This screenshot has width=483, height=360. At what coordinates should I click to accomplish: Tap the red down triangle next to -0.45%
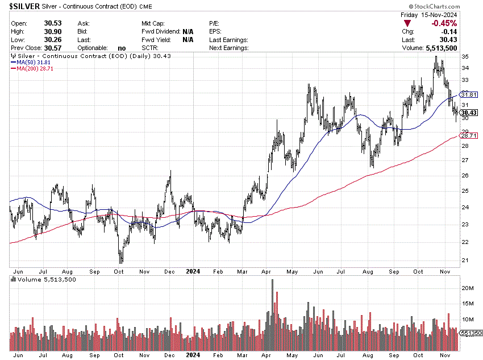[407, 23]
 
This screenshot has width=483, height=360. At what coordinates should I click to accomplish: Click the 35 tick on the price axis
[465, 57]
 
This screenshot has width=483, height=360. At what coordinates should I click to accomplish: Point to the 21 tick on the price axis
[465, 260]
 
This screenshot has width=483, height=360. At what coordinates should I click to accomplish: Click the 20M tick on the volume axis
[468, 288]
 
